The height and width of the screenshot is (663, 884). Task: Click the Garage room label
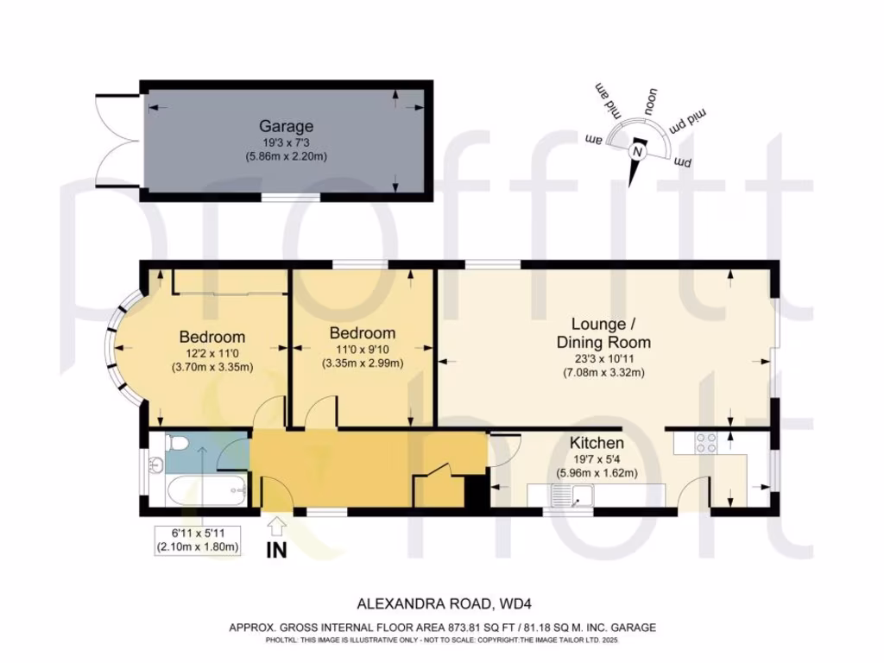(x=286, y=126)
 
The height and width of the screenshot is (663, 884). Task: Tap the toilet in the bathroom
(x=177, y=443)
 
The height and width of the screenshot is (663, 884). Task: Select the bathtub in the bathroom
(x=206, y=490)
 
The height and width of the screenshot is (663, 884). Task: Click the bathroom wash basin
(x=157, y=465)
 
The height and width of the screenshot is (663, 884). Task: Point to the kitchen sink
(x=573, y=496)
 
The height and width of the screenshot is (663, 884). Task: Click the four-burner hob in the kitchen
(x=706, y=443)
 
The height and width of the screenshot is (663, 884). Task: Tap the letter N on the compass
(x=637, y=152)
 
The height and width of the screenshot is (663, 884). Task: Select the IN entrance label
(x=276, y=549)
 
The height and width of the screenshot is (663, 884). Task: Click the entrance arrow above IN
(x=276, y=527)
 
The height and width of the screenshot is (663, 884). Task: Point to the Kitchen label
(x=597, y=443)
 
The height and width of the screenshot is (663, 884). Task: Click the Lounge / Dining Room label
(x=603, y=333)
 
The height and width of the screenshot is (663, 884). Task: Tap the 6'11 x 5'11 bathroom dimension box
(x=198, y=540)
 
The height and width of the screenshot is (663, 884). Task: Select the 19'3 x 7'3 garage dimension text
(x=286, y=143)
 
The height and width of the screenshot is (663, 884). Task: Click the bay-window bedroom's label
(x=212, y=338)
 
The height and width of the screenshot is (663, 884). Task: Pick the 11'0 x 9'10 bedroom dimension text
(x=363, y=350)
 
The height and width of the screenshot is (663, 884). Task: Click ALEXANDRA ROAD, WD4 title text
(x=445, y=603)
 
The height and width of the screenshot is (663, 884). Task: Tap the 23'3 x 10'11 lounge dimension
(x=603, y=358)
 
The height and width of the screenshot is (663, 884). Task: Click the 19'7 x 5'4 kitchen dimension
(x=597, y=459)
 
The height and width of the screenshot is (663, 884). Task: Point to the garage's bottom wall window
(x=292, y=197)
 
